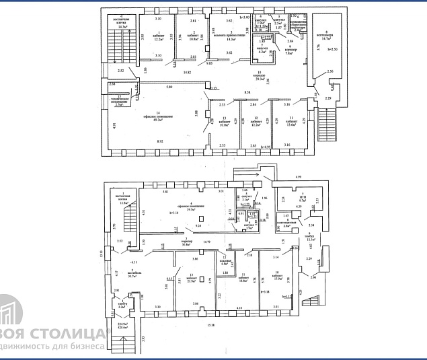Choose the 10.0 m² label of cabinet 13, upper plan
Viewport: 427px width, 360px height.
[225, 124]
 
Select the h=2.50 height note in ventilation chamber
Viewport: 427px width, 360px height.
[334, 49]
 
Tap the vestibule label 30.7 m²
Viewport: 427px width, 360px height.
[120, 275]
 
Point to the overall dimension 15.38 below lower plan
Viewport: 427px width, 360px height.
[211, 326]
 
